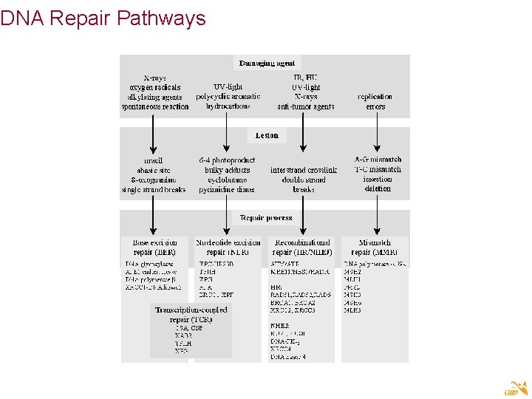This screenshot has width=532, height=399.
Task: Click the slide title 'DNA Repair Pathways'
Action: coord(103,18)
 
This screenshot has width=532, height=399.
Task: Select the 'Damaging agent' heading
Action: coord(267,64)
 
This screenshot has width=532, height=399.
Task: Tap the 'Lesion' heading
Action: coord(267,135)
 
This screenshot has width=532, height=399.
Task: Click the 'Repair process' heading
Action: coord(266,218)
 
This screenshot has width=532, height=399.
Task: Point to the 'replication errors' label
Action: coord(375,101)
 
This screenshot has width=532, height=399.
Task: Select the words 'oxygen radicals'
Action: coord(155,87)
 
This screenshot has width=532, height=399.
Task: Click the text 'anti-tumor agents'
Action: coord(305,106)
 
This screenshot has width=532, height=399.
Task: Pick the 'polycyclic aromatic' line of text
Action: coord(228,97)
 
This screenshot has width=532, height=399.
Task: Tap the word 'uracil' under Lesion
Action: coord(154,160)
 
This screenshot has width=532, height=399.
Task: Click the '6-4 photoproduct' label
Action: coord(228,160)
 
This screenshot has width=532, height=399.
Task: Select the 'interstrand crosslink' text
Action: coord(304,170)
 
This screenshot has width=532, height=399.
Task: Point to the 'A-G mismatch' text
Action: coord(378,159)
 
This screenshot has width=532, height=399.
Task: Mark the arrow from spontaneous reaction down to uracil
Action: coord(154,134)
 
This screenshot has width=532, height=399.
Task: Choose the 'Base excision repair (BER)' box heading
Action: coord(154,247)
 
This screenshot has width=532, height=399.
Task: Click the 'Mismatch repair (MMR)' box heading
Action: coord(375,247)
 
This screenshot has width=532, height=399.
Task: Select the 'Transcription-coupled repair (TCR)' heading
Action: coord(191,315)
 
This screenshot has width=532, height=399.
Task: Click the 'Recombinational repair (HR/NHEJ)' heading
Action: coord(303,247)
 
